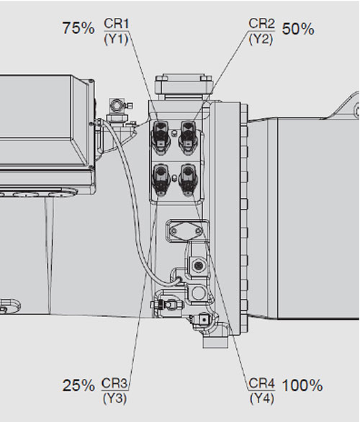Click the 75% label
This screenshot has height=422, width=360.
click(78, 28)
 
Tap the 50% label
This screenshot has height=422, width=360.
click(298, 29)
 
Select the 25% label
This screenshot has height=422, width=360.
click(78, 385)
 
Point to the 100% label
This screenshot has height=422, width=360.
click(302, 385)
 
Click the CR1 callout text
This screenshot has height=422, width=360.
click(116, 24)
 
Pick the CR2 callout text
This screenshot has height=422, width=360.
click(261, 24)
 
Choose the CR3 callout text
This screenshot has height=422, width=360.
click(114, 383)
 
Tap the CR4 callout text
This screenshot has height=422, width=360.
click(261, 383)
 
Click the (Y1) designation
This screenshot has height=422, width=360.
click(116, 40)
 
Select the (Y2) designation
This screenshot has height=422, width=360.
click(261, 40)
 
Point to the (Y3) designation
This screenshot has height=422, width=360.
click(114, 398)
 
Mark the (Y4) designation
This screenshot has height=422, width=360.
click(262, 398)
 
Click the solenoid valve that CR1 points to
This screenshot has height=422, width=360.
click(161, 138)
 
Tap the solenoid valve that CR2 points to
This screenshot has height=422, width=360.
click(189, 138)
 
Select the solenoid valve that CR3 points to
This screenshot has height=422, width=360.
click(161, 179)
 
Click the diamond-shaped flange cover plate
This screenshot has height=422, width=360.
click(186, 231)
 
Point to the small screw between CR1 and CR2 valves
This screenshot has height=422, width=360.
click(174, 133)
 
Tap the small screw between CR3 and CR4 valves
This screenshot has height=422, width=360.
click(174, 177)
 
